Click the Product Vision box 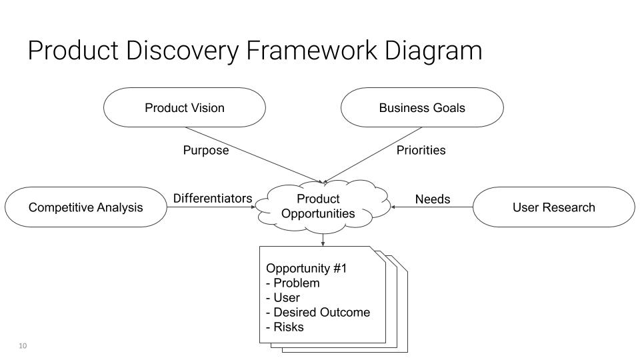click(185, 107)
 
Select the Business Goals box click(422, 107)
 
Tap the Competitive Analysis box click(85, 207)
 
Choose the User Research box click(553, 207)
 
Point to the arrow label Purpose click(206, 151)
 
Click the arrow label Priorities click(421, 151)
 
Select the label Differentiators click(213, 199)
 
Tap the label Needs click(433, 199)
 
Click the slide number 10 click(23, 345)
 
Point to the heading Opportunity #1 click(306, 269)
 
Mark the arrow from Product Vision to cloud click(253, 154)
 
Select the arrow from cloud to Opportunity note click(323, 239)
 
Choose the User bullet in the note click(286, 298)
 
